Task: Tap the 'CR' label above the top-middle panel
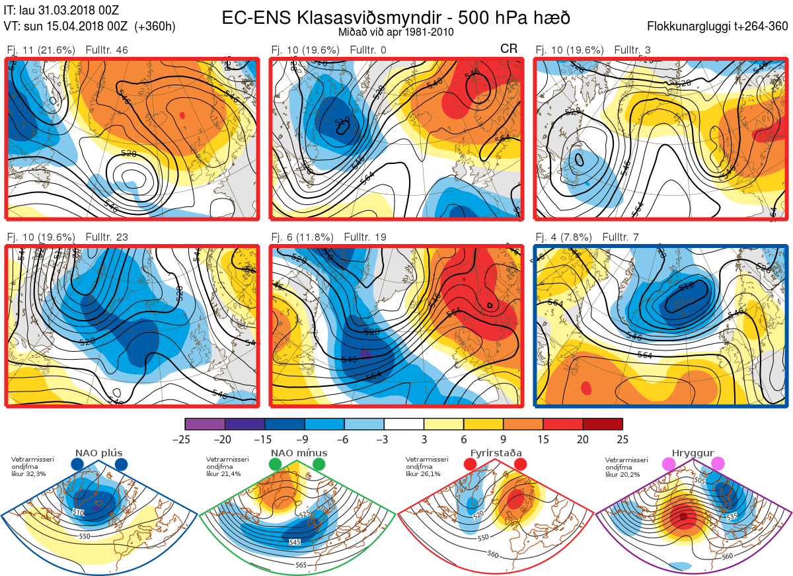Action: pos(509,50)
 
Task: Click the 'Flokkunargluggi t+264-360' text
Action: pos(720,26)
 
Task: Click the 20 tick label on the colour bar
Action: pos(582,439)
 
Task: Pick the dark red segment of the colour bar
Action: pos(602,424)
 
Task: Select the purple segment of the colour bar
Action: pos(206,424)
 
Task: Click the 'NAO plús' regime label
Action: pos(98,454)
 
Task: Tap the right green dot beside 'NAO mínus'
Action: pos(320,465)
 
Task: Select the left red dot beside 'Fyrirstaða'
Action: pos(470,465)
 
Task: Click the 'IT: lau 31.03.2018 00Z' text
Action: pos(60,11)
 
